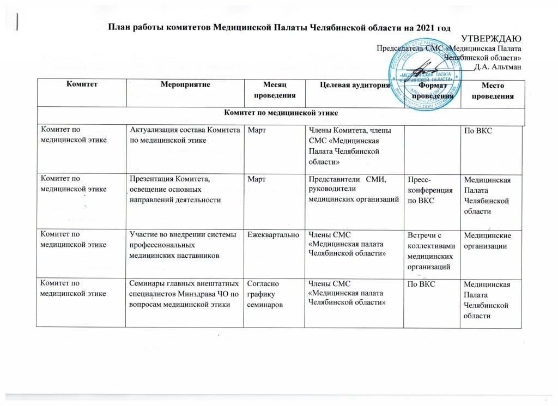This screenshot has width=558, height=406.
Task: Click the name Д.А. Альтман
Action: point(501,66)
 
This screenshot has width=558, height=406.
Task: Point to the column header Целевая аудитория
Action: point(348,86)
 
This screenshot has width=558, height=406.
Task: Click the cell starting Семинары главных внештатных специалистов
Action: point(185,294)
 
